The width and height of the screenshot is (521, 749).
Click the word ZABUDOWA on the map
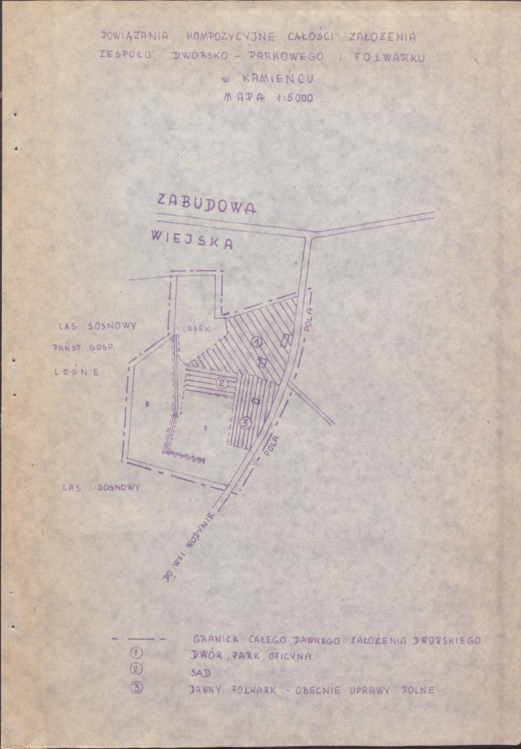pyautogui.click(x=206, y=203)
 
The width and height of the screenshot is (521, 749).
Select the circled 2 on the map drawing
pyautogui.click(x=220, y=383)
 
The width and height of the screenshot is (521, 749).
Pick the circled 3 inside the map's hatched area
pyautogui.click(x=245, y=423)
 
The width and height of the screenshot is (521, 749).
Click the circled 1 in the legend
pyautogui.click(x=138, y=654)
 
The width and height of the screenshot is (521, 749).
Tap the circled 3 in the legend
pyautogui.click(x=138, y=690)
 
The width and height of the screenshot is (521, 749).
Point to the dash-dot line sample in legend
pyautogui.click(x=137, y=639)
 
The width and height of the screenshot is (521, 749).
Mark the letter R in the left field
pyautogui.click(x=147, y=404)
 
